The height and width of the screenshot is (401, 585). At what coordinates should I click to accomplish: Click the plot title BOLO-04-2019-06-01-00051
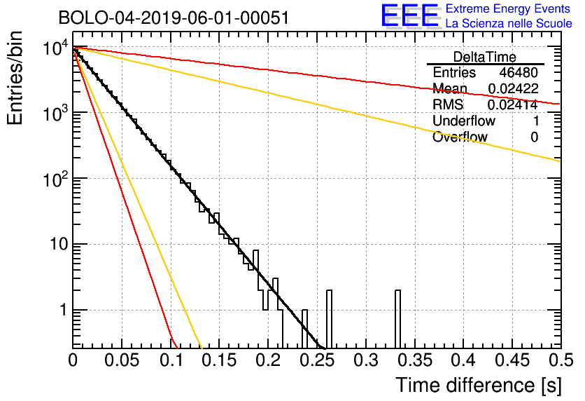click(x=174, y=18)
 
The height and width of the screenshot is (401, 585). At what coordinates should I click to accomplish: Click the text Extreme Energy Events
click(x=509, y=9)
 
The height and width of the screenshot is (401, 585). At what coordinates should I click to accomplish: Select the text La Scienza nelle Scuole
click(x=509, y=24)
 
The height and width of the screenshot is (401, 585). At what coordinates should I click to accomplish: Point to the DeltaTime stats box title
click(x=485, y=57)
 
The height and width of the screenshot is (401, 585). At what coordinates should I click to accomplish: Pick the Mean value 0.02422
click(x=512, y=89)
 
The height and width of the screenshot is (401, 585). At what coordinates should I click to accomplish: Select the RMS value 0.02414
click(x=512, y=105)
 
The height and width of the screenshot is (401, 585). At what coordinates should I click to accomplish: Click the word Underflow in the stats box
click(x=463, y=121)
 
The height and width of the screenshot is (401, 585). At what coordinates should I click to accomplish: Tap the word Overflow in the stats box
click(x=460, y=137)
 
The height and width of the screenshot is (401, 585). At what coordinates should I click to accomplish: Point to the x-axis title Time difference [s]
click(x=477, y=385)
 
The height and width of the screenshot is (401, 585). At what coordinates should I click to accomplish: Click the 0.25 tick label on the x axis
click(x=317, y=360)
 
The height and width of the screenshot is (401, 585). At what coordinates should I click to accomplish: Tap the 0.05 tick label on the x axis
click(x=122, y=360)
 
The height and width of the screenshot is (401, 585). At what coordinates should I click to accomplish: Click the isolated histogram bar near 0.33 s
click(x=398, y=319)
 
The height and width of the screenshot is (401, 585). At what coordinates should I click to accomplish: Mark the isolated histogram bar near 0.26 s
click(x=330, y=319)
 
